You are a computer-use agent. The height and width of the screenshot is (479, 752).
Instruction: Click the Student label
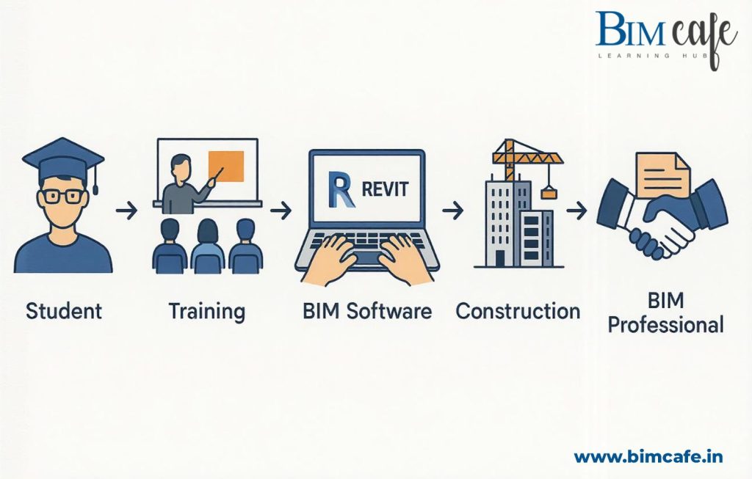[64, 310]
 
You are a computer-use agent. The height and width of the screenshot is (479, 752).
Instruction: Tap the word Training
[206, 311]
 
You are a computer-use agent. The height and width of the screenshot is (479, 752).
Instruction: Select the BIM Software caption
[366, 310]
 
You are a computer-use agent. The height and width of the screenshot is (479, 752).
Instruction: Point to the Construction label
[518, 310]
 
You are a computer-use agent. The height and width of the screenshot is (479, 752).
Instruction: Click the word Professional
[666, 323]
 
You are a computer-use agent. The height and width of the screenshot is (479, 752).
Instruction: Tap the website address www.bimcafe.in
[648, 456]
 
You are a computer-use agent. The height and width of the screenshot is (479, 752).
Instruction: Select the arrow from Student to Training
[127, 211]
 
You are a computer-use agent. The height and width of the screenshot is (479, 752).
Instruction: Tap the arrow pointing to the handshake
[576, 211]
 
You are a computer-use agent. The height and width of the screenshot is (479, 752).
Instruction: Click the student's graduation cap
[63, 158]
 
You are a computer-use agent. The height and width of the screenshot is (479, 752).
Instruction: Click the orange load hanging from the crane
[549, 193]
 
